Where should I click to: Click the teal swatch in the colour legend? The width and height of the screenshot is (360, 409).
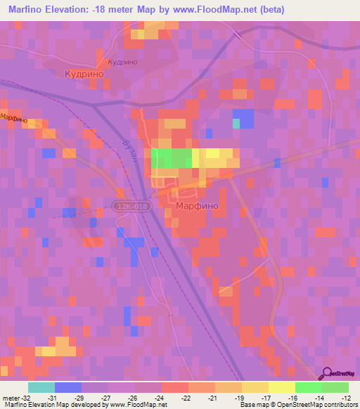coord(41,387)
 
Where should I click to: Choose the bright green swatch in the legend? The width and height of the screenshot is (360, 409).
coord(308,387)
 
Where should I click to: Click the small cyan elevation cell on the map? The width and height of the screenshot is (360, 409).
coord(237,124)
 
